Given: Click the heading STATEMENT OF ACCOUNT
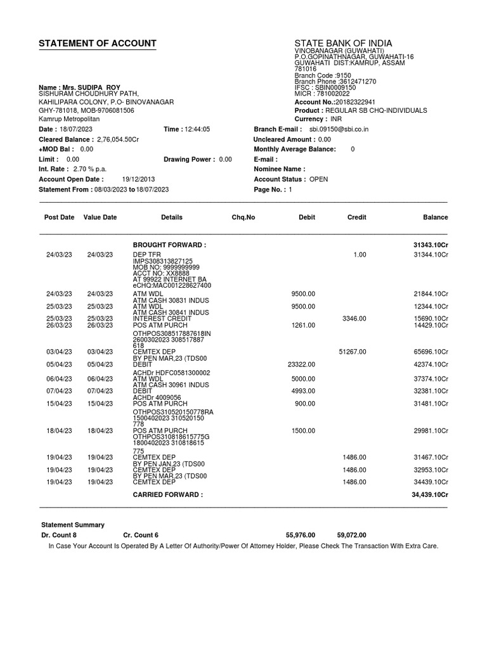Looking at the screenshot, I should [97, 44].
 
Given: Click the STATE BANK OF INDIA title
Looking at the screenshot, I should [343, 43].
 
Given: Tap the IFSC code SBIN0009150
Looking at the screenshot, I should [333, 87].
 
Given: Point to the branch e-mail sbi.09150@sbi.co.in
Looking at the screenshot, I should [334, 129].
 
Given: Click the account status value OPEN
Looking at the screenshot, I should [318, 179].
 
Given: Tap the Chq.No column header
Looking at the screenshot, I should [243, 217].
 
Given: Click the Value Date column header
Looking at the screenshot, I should [100, 217].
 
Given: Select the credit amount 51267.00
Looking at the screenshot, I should [353, 351].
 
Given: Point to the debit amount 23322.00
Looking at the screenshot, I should [301, 364].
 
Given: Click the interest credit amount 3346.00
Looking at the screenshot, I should [354, 318].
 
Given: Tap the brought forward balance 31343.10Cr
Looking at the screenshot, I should [427, 245].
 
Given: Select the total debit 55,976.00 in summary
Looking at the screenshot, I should [301, 535].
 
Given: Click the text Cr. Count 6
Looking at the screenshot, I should [141, 535].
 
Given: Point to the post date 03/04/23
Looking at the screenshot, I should [59, 351].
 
